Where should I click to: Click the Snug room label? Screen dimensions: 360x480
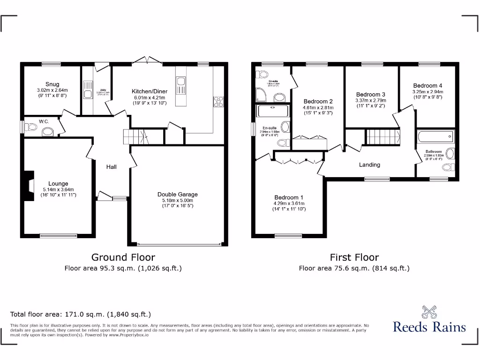(x=52, y=84)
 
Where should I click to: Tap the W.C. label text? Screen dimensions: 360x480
(x=44, y=121)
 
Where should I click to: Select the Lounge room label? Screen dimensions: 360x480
(x=58, y=184)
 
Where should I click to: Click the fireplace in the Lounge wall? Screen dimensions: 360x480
(x=30, y=186)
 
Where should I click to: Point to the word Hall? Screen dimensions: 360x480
(x=111, y=167)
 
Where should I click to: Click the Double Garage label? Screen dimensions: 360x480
(x=178, y=194)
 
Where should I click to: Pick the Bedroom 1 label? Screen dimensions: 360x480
(x=289, y=197)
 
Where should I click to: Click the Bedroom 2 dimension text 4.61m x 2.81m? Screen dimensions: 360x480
(x=318, y=107)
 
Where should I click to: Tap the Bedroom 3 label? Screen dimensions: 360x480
(x=371, y=94)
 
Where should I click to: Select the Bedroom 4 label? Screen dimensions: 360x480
(x=427, y=86)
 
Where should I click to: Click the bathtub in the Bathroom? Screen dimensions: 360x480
(x=435, y=137)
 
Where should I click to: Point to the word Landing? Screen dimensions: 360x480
(x=369, y=165)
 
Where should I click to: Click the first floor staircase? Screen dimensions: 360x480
(x=382, y=137)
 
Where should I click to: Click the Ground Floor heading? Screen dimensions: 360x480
(x=123, y=257)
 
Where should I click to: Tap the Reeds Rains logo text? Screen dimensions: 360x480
(x=429, y=327)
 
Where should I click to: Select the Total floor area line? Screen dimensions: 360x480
(x=81, y=314)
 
